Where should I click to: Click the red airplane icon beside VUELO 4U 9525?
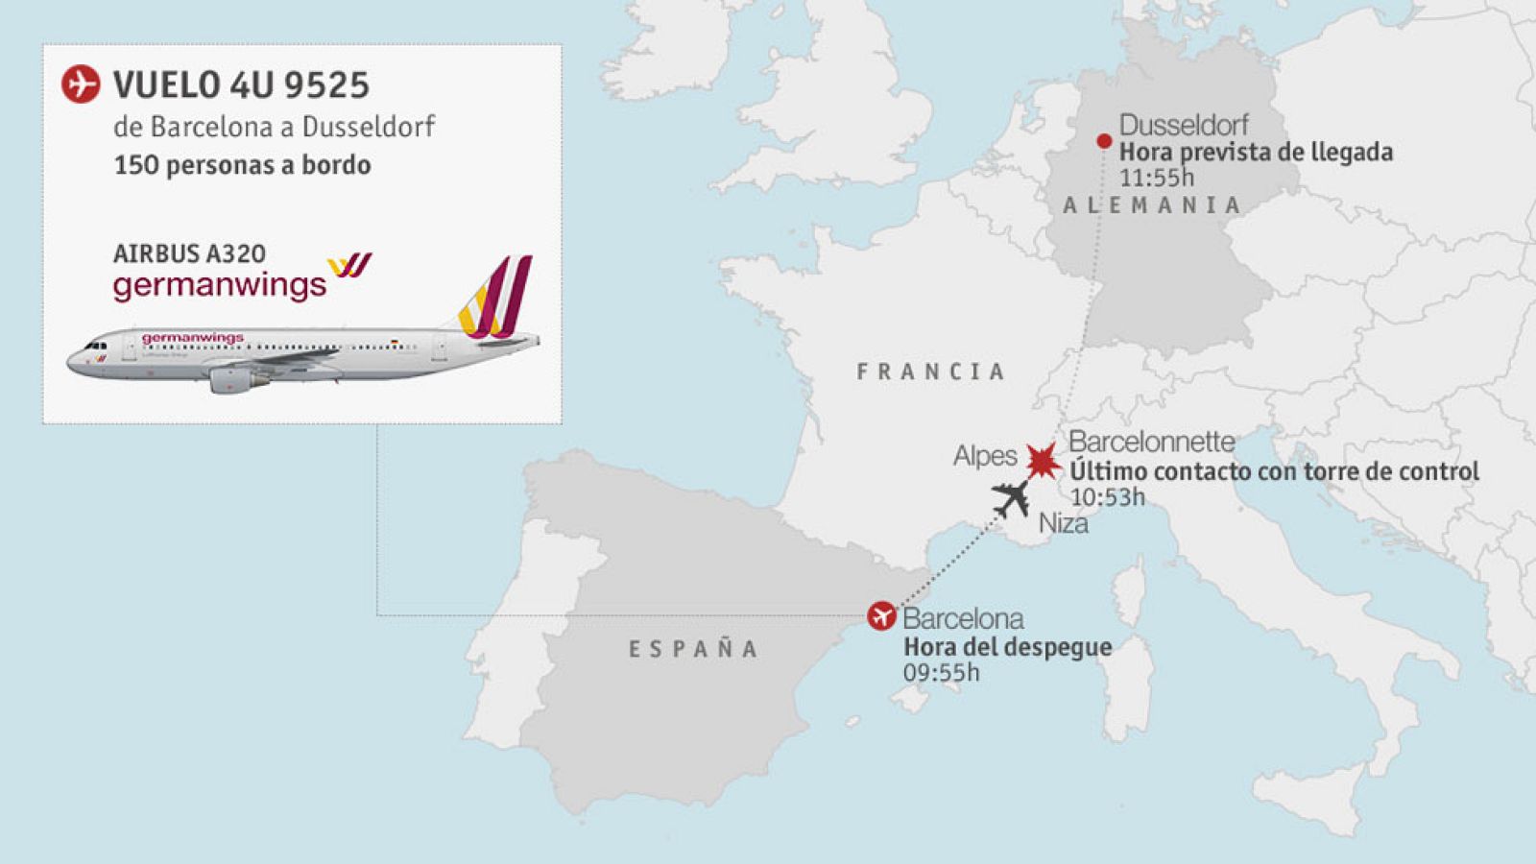point(81,84)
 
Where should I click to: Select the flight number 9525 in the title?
point(326,85)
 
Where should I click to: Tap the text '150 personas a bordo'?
point(242,165)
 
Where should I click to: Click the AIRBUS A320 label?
point(189,253)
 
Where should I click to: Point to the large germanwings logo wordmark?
point(220,285)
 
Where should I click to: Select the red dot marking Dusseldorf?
point(1104,141)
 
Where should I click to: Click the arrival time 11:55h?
point(1157,178)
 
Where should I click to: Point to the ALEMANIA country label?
point(1152,204)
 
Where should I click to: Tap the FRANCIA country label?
point(930,372)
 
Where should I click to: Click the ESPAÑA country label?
point(693,649)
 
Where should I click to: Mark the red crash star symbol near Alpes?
point(1042,462)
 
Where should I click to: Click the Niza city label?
point(1064,524)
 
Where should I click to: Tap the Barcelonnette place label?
point(1151,442)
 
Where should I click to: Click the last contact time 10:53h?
point(1107,497)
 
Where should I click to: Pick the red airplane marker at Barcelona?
point(881,615)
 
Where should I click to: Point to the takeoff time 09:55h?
point(941,673)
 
